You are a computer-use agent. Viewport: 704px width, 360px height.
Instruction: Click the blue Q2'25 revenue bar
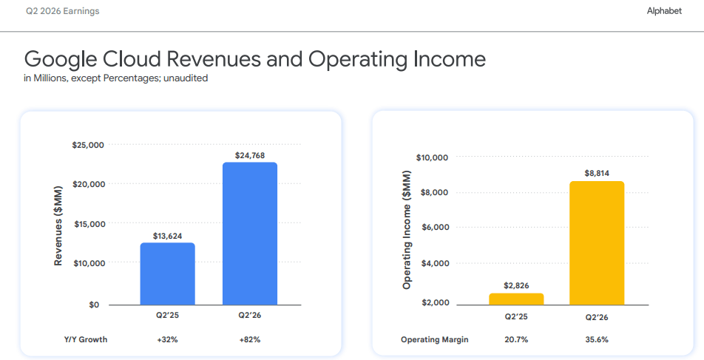[x=167, y=274]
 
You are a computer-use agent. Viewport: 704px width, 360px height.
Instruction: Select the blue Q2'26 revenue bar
[x=250, y=234]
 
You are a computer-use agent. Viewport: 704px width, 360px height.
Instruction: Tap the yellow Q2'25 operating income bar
[x=516, y=299]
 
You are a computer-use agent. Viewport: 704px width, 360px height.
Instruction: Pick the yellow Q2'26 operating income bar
[x=597, y=243]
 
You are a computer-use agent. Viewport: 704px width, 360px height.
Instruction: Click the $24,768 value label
[x=250, y=155]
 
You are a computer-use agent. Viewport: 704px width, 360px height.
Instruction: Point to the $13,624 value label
[x=167, y=236]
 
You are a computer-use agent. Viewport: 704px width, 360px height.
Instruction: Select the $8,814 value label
[x=597, y=173]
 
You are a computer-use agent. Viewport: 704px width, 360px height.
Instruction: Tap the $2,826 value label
[x=516, y=285]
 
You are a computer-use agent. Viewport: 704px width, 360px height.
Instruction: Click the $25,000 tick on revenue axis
[x=88, y=145]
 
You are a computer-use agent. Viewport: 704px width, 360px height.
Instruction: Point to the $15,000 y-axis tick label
[x=89, y=224]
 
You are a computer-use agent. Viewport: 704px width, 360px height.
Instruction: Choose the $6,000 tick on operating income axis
[x=435, y=227]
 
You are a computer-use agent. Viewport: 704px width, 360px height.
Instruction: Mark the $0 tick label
[x=94, y=305]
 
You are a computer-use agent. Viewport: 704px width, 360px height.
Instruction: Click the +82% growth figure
[x=250, y=340]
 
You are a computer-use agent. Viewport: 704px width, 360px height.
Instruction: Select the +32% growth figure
[x=167, y=340]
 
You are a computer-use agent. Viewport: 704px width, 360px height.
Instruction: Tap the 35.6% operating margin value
[x=597, y=340]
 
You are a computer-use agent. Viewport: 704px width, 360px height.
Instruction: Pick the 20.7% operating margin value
[x=516, y=340]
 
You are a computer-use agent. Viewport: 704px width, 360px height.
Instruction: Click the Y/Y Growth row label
[x=86, y=340]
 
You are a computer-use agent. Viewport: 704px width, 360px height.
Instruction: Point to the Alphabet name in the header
[x=664, y=11]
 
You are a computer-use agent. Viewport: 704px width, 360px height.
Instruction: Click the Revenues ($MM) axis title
[x=58, y=225]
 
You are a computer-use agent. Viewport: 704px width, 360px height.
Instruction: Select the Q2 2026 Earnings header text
[x=62, y=11]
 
